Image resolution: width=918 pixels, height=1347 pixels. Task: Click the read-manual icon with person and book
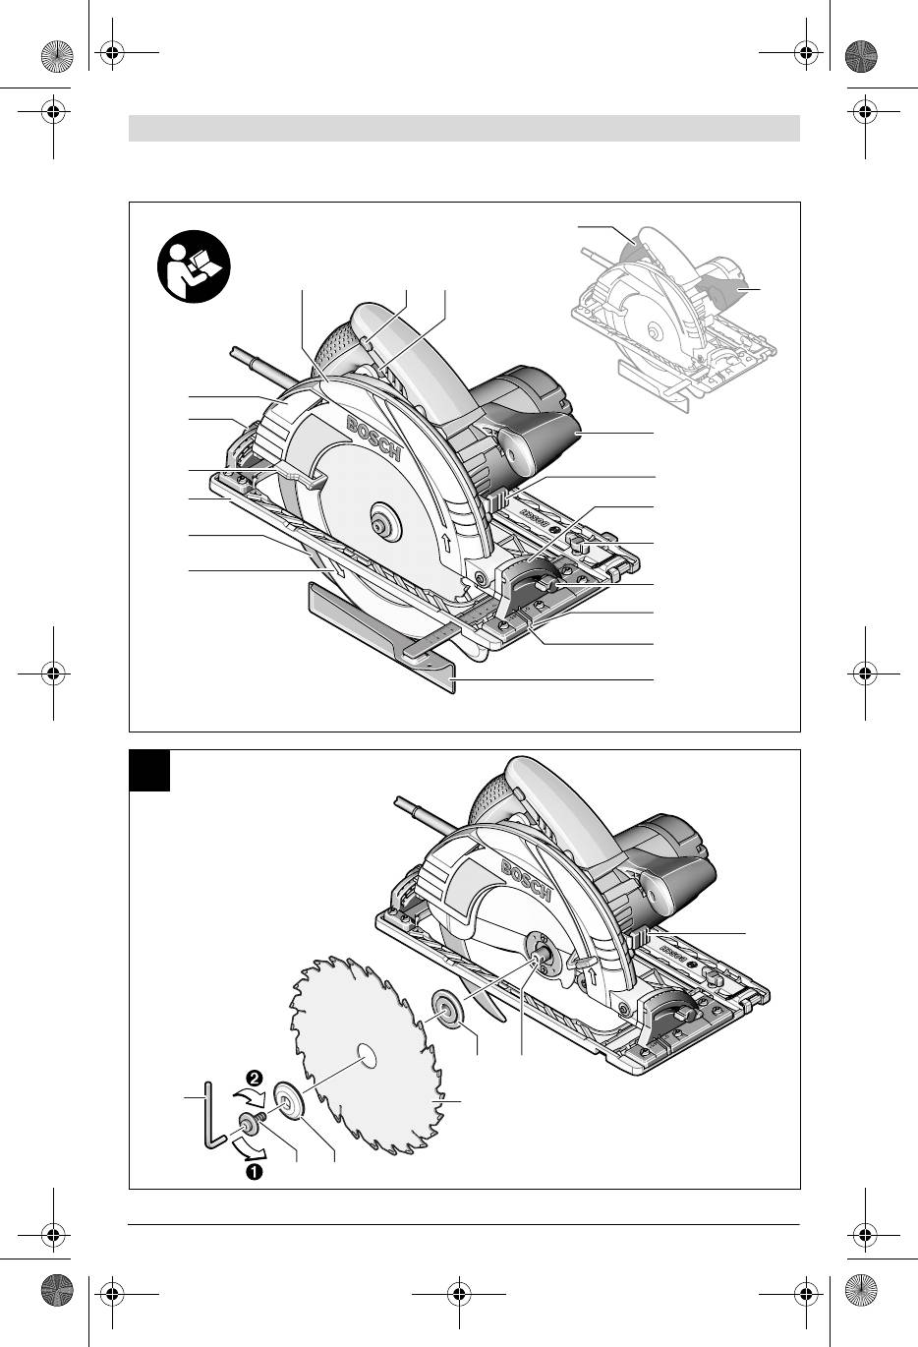pyautogui.click(x=194, y=265)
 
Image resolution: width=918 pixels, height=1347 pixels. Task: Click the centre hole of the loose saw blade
pyautogui.click(x=366, y=1056)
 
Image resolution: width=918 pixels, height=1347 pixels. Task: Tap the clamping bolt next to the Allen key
pyautogui.click(x=252, y=1121)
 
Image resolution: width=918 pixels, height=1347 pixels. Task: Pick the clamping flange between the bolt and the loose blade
pyautogui.click(x=289, y=1100)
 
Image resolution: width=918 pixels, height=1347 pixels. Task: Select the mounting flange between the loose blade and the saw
pyautogui.click(x=447, y=1011)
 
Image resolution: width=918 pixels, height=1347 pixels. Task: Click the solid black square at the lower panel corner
pyautogui.click(x=149, y=770)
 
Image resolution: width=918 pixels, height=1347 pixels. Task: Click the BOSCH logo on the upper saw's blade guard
pyautogui.click(x=373, y=439)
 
